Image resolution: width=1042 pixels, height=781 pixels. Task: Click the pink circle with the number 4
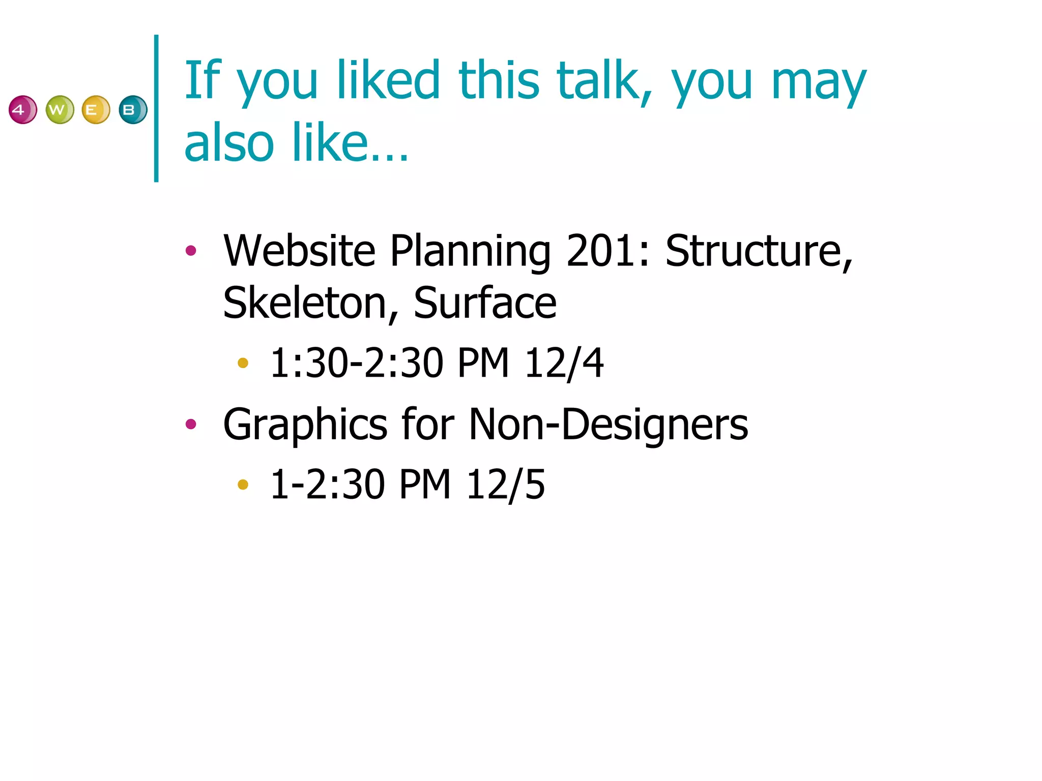pyautogui.click(x=23, y=110)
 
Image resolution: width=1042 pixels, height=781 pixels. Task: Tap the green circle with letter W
pyautogui.click(x=60, y=110)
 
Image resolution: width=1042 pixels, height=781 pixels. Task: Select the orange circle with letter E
pyautogui.click(x=96, y=110)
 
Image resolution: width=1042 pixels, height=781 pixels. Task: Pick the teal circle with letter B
pyautogui.click(x=133, y=110)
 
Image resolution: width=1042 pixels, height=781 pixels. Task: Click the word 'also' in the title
pyautogui.click(x=229, y=143)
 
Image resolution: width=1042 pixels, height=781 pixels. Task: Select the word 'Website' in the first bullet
pyautogui.click(x=299, y=251)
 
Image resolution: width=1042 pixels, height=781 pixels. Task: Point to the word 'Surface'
pyautogui.click(x=485, y=304)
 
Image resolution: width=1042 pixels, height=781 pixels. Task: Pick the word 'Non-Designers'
pyautogui.click(x=608, y=425)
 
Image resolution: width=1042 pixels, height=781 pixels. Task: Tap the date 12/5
pyautogui.click(x=505, y=485)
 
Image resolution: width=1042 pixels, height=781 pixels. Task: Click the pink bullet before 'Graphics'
pyautogui.click(x=191, y=424)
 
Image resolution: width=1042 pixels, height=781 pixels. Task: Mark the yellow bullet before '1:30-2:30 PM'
pyautogui.click(x=243, y=363)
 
